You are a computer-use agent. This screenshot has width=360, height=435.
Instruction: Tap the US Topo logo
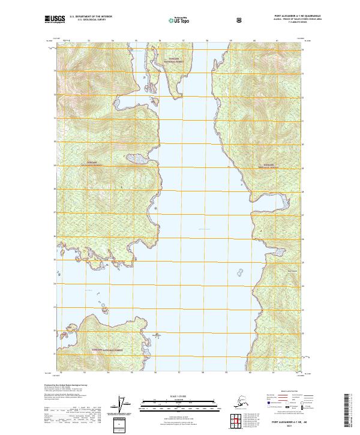[x=182, y=20]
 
